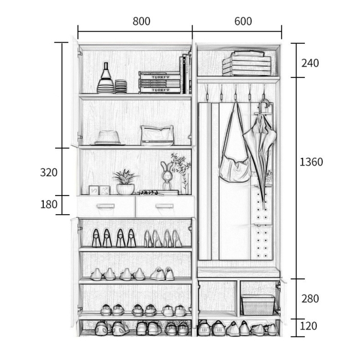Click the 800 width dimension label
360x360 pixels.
click(142, 22)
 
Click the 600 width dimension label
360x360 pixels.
click(243, 22)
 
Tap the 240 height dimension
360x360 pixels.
click(310, 63)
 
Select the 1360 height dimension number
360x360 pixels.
click(311, 162)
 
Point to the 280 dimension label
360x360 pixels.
click(310, 299)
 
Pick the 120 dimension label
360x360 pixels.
click(308, 326)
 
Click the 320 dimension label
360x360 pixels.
click(49, 172)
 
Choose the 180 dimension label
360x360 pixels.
click(49, 204)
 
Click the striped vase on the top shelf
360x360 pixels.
click(106, 78)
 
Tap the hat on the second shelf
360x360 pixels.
click(107, 138)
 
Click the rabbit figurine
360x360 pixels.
click(167, 176)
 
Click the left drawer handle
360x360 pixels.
click(106, 206)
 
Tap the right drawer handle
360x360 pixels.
click(164, 206)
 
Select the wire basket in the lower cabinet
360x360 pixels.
click(258, 305)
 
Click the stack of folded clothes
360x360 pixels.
click(247, 64)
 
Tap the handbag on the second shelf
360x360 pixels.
click(157, 136)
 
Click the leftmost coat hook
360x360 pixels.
click(207, 93)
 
